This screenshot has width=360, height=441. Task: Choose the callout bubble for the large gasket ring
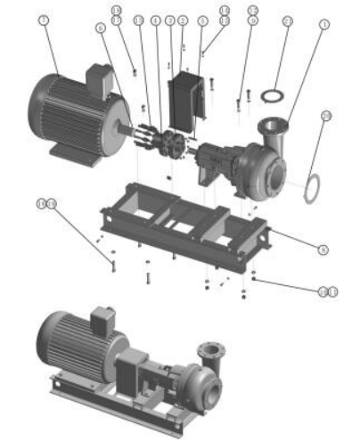(325, 116)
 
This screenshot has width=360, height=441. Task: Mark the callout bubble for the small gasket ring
(287, 20)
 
